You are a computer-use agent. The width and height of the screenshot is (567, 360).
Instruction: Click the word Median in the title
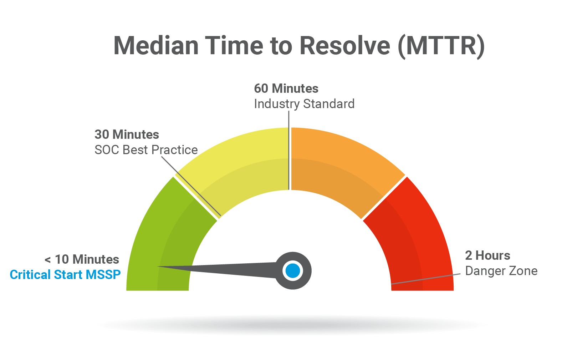coord(156,46)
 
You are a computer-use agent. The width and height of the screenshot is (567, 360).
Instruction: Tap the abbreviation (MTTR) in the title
coord(441,47)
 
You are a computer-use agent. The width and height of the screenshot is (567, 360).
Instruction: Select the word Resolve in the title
coord(345,46)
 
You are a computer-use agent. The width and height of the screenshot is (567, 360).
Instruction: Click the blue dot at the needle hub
coord(293,270)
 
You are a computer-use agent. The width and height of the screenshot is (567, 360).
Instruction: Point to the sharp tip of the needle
coord(158,266)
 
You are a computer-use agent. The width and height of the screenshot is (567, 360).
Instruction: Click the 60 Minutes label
coord(286,88)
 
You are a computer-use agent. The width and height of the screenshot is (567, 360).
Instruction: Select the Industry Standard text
coord(304,104)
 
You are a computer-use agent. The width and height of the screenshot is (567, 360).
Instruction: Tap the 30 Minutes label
coord(127,135)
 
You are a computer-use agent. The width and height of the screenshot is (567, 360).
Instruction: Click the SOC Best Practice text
coord(146,150)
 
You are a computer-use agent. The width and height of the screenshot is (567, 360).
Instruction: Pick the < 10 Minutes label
coord(82,259)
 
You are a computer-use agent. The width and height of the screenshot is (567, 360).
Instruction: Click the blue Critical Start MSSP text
coord(65,275)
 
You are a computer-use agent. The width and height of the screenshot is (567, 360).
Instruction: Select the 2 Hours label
coord(487,255)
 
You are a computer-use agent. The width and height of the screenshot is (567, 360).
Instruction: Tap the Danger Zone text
coord(501,271)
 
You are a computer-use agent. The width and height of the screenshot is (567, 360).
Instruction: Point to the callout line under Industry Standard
coord(289,150)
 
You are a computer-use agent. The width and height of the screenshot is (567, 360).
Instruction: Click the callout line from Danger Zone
coord(426,279)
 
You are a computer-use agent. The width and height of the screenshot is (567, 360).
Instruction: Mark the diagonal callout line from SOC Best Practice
coord(191,187)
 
